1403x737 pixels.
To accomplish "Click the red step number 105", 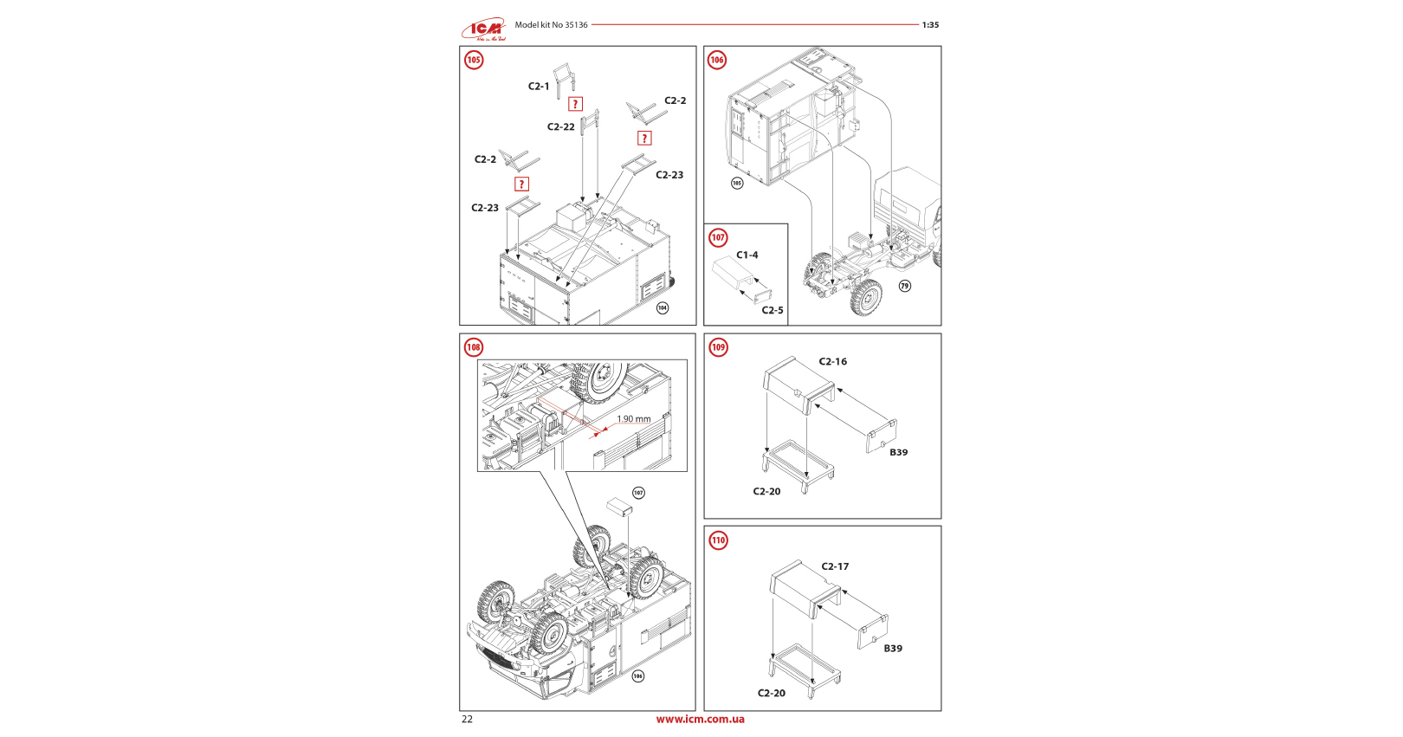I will pyautogui.click(x=474, y=60).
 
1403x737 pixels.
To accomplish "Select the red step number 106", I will pyautogui.click(x=717, y=60).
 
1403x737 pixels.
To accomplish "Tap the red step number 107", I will pyautogui.click(x=718, y=237).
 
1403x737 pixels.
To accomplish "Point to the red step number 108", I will pyautogui.click(x=474, y=347).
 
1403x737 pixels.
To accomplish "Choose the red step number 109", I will pyautogui.click(x=718, y=347).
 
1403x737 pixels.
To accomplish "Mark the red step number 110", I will pyautogui.click(x=718, y=540).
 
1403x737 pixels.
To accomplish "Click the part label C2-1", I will pyautogui.click(x=539, y=87).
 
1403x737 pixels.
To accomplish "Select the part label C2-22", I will pyautogui.click(x=560, y=127).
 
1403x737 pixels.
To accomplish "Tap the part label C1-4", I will pyautogui.click(x=747, y=255).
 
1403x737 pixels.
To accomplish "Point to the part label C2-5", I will pyautogui.click(x=773, y=310).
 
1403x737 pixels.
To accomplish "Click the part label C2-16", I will pyautogui.click(x=833, y=362).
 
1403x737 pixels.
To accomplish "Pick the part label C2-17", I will pyautogui.click(x=835, y=566).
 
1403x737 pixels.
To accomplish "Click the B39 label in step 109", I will pyautogui.click(x=899, y=452).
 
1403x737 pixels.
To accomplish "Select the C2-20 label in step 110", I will pyautogui.click(x=772, y=693).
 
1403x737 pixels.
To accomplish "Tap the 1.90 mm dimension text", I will pyautogui.click(x=634, y=419).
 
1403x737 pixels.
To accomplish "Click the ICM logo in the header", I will pyautogui.click(x=483, y=29).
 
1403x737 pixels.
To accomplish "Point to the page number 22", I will pyautogui.click(x=468, y=719).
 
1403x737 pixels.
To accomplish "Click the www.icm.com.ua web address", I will pyautogui.click(x=700, y=719).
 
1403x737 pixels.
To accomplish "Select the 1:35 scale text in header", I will pyautogui.click(x=930, y=25).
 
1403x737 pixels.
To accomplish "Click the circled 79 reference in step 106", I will pyautogui.click(x=905, y=286).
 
